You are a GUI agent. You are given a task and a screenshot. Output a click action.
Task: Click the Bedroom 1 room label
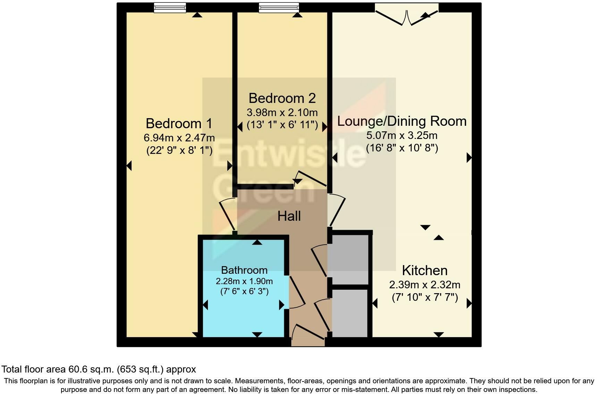click(x=179, y=124)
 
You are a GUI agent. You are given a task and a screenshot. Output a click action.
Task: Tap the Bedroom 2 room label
click(x=282, y=98)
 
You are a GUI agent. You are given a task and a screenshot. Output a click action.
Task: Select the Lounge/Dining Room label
click(x=402, y=121)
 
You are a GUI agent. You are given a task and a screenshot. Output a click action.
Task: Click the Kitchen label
click(x=424, y=271)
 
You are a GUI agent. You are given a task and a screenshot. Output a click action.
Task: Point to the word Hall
click(x=289, y=216)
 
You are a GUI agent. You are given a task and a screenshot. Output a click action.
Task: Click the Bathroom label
click(x=244, y=270)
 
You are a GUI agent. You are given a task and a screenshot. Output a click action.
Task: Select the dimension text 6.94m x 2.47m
click(x=179, y=138)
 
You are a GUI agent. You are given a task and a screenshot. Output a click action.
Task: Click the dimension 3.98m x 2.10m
click(x=282, y=113)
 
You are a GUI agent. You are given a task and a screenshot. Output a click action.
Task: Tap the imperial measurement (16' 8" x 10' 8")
click(x=402, y=148)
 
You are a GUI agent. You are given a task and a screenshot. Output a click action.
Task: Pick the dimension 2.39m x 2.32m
click(x=424, y=285)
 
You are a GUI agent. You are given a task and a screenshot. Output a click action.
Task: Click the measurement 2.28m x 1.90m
click(x=244, y=281)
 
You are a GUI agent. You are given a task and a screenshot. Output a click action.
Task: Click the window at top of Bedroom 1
click(x=170, y=8)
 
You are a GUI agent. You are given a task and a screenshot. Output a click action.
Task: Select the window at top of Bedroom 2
click(x=279, y=8)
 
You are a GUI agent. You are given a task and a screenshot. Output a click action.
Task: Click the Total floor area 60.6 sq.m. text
click(x=99, y=369)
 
